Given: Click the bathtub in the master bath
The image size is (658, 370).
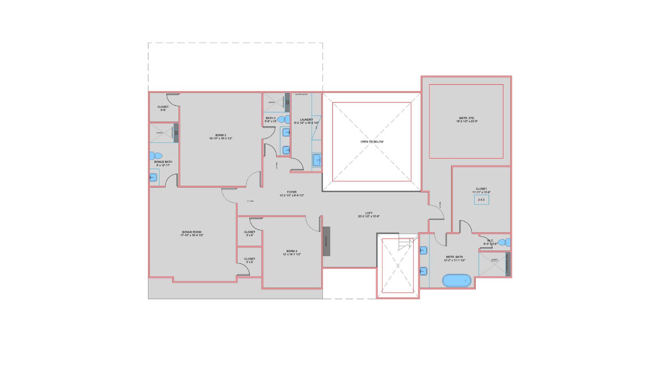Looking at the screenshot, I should coord(456,281).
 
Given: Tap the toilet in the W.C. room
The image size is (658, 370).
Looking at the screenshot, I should coord(503,242).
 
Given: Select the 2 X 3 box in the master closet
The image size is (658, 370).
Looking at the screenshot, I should coord(481,200).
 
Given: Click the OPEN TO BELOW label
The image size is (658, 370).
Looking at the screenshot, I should coord(372,141).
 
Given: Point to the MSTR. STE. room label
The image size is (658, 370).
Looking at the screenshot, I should coord(467,120).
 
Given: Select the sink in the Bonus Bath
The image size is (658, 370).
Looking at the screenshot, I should coord(153,178).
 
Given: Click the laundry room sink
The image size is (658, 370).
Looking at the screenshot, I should coord(317,160).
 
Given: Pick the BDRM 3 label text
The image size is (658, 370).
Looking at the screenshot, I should coord(220,136).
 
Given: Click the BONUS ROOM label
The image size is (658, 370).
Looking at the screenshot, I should coord(192,234).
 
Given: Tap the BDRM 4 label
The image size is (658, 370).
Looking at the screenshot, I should coord(292,252).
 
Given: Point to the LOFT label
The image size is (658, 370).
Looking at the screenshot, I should coord(369,214).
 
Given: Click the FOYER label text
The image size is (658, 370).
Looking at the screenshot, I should coord(292,193).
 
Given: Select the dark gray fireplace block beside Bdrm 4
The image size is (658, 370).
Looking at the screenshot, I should coord(326,241).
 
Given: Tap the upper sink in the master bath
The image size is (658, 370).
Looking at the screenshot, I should coord(424,250).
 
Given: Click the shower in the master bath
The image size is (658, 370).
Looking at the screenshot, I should coord(492,263).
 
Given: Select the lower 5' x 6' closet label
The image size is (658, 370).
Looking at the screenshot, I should coord(250,260).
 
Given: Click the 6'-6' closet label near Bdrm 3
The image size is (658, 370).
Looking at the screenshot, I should coord(163,108).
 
